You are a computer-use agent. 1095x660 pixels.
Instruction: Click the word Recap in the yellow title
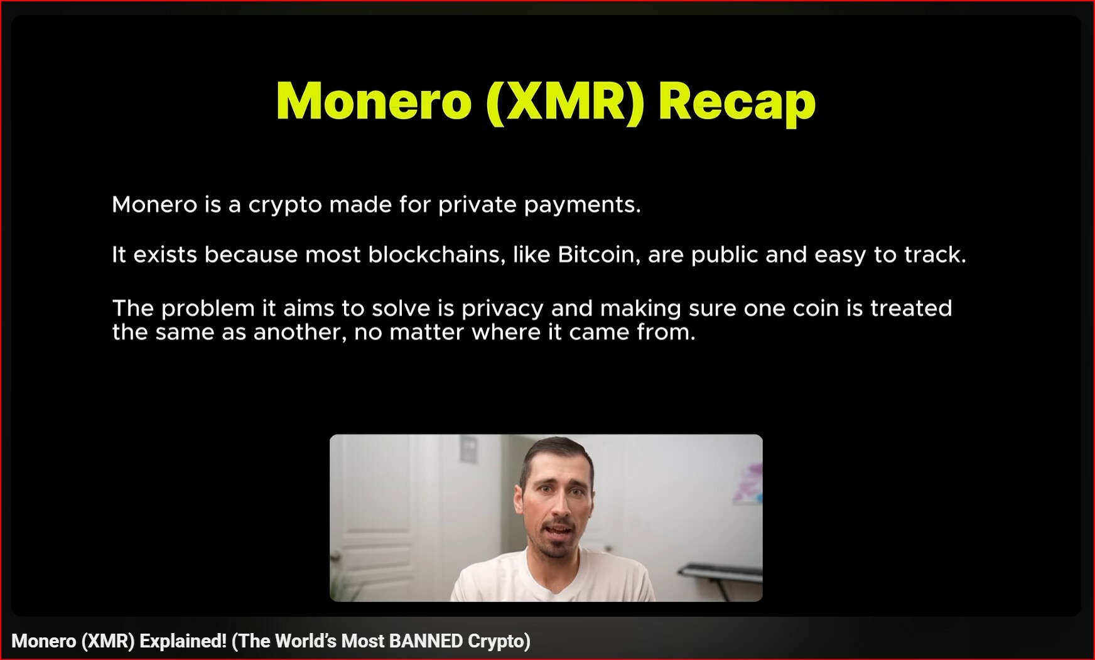(x=737, y=102)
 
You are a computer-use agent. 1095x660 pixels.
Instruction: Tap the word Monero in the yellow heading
(x=374, y=100)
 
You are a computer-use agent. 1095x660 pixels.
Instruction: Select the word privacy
(x=502, y=309)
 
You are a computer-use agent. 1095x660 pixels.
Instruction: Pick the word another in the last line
(x=300, y=333)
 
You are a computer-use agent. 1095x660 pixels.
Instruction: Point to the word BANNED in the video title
(x=426, y=641)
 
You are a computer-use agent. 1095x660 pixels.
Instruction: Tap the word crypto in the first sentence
(x=286, y=206)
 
